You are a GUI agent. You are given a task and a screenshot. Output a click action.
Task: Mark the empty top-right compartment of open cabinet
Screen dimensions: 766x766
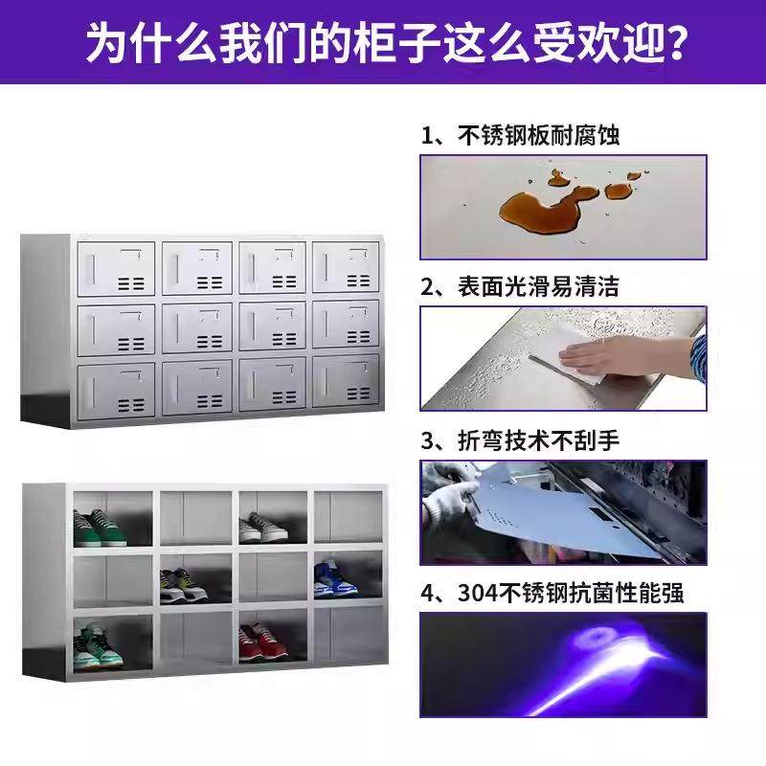[348, 518]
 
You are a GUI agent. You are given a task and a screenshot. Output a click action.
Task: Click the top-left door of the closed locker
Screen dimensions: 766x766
[116, 267]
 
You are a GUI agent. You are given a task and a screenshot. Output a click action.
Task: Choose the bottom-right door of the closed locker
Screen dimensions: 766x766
[346, 385]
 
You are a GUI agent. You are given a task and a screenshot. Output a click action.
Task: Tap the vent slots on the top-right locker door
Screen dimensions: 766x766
[357, 282]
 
